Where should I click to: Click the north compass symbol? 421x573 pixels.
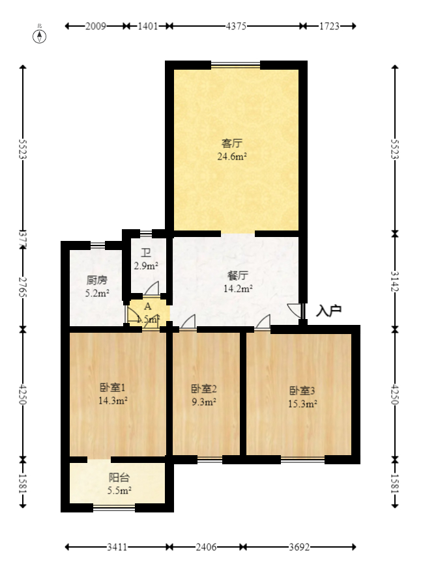(40, 35)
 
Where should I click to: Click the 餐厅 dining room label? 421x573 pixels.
(238, 275)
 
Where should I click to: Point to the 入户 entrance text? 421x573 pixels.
(328, 311)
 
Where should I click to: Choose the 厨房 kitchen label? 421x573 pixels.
(96, 281)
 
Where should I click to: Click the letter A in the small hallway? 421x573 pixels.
(147, 306)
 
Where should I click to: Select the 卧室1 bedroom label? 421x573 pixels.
(113, 388)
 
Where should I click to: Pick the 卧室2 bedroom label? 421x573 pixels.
(203, 389)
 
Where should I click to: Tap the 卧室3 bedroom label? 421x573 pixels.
(302, 391)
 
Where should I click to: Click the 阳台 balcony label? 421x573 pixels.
(119, 477)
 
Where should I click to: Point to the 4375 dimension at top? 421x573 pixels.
(236, 26)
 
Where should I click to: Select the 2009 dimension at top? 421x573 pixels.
(96, 26)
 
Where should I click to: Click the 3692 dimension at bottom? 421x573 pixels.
(299, 548)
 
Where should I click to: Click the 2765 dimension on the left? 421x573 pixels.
(23, 287)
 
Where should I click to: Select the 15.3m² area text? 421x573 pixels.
(302, 404)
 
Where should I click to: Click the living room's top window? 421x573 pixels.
(235, 64)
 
